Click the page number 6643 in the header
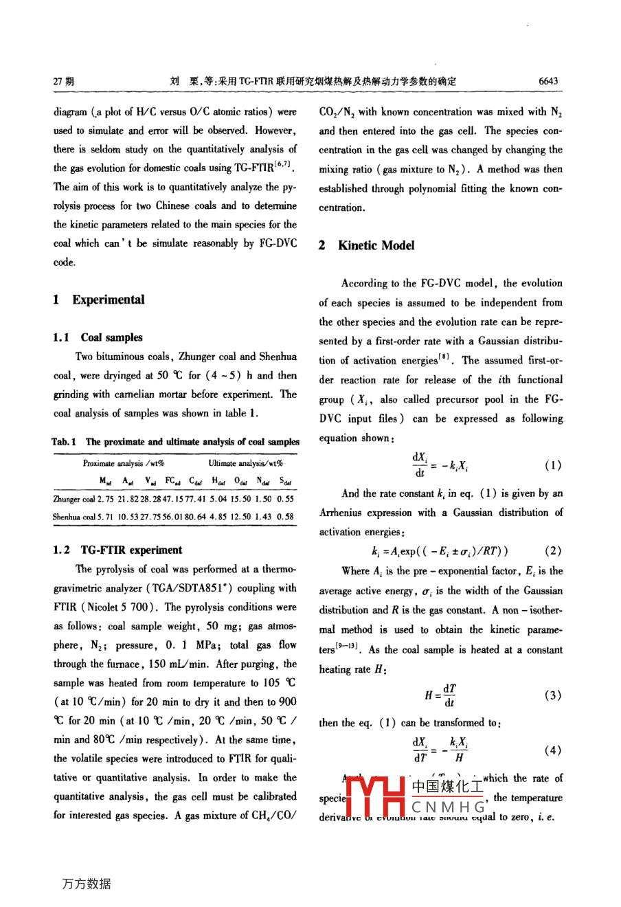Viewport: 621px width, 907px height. (x=547, y=81)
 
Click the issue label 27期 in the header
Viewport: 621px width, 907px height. (x=64, y=81)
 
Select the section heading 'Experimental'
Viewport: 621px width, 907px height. (x=108, y=300)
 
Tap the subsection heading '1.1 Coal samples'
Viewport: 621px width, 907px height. (x=98, y=337)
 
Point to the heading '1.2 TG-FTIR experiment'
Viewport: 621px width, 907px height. (x=117, y=550)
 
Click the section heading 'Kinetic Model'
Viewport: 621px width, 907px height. (x=376, y=245)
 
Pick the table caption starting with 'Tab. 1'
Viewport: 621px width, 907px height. (x=175, y=442)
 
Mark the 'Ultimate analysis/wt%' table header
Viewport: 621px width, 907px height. (x=246, y=463)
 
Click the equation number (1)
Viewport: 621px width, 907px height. (x=552, y=465)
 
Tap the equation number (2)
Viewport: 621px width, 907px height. (x=552, y=550)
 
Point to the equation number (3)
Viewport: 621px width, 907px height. (x=552, y=695)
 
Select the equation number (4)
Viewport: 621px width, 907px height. (x=552, y=750)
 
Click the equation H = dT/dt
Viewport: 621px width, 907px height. (x=440, y=695)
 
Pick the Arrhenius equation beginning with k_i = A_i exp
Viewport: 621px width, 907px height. (x=440, y=551)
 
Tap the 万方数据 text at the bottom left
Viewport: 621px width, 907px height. (x=86, y=884)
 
